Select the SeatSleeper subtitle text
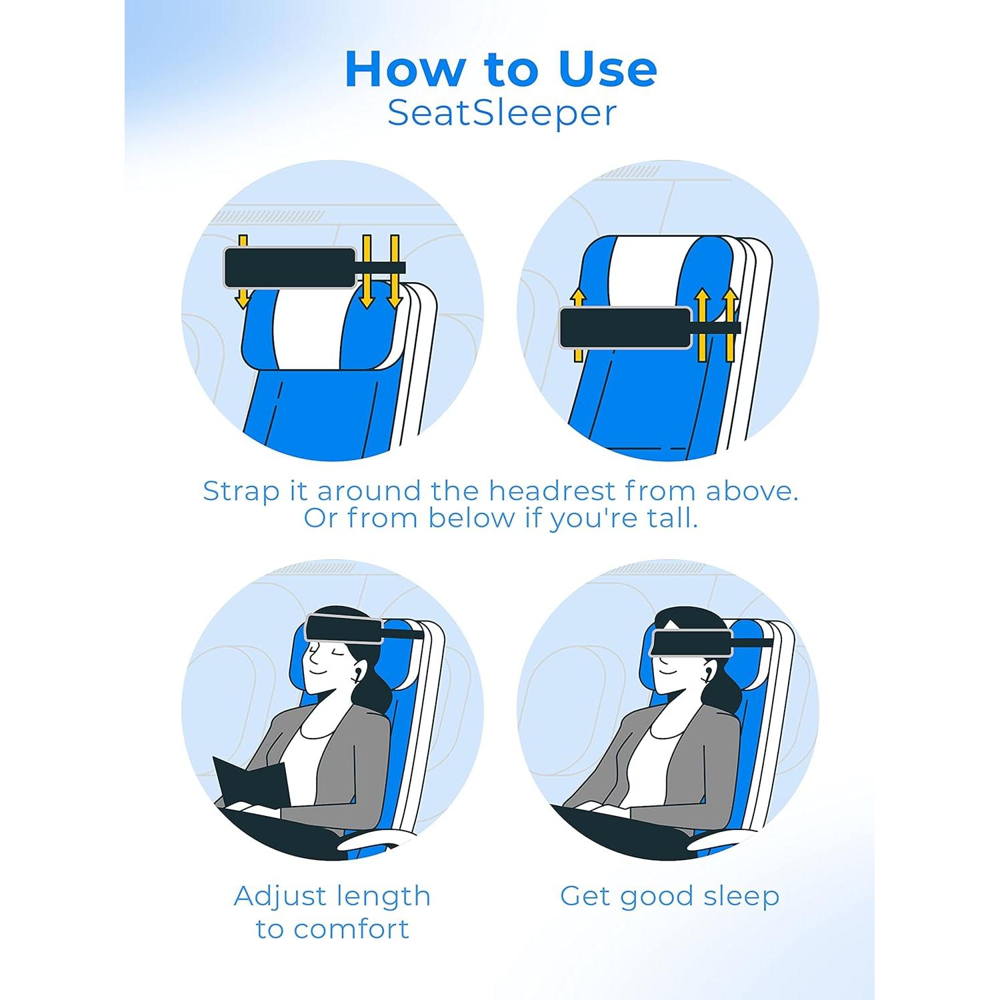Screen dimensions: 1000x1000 (x=501, y=113)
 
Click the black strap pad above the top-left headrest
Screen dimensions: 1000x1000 (x=289, y=268)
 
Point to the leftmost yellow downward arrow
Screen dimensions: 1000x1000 (x=243, y=271)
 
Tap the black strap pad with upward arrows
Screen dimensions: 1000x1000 (x=625, y=327)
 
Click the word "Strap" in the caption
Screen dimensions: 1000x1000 (x=241, y=492)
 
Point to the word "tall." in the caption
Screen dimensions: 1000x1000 (x=671, y=518)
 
